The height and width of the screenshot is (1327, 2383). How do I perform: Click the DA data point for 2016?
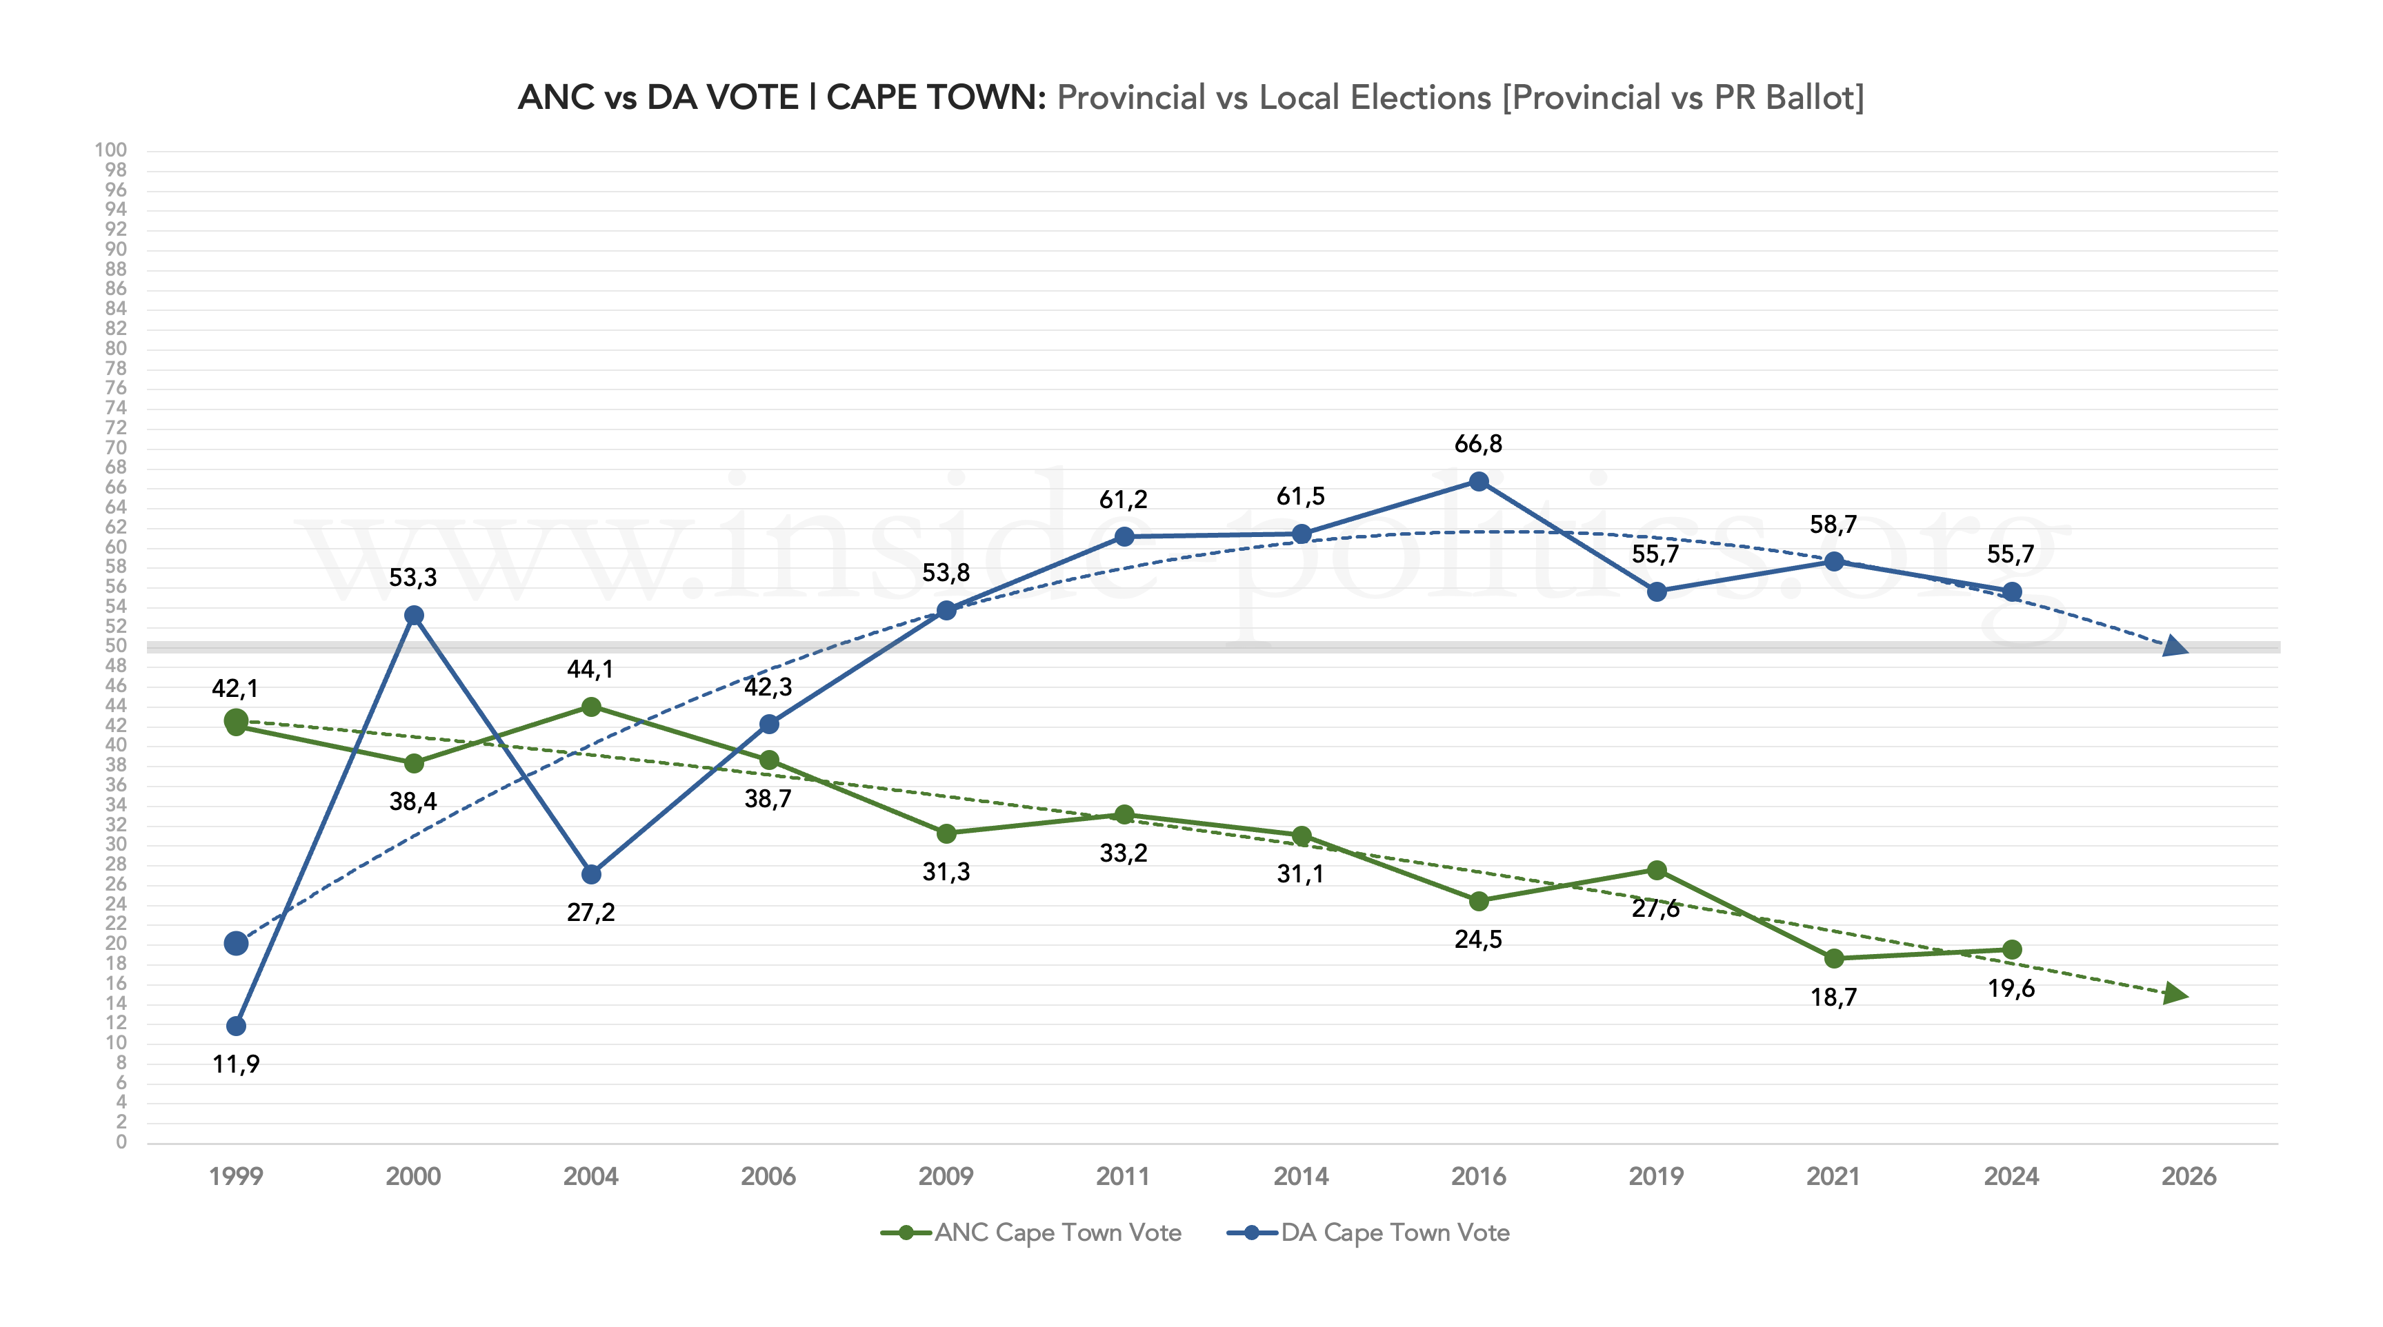(x=1478, y=482)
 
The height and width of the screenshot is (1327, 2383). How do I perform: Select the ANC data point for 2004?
(x=591, y=707)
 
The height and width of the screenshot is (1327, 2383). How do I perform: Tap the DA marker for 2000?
(x=414, y=616)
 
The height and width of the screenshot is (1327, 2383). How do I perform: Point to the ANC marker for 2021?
(x=1833, y=959)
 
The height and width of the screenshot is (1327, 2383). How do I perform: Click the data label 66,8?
(x=1478, y=445)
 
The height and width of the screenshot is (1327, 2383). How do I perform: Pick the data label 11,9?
(x=236, y=1064)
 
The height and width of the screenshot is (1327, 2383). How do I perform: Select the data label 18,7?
(x=1833, y=997)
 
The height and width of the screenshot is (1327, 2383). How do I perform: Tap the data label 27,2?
(x=591, y=913)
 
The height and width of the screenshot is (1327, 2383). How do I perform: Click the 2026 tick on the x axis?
(x=2188, y=1176)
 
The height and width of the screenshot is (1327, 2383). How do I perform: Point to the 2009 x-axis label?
(x=946, y=1176)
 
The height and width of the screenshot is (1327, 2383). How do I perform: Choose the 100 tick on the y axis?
(x=111, y=150)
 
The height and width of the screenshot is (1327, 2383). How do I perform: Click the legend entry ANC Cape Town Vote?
(x=1057, y=1233)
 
